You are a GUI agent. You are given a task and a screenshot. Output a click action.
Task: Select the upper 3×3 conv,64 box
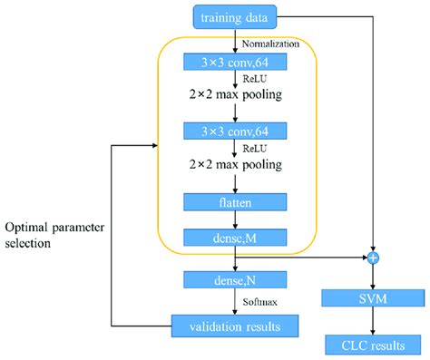point(235,62)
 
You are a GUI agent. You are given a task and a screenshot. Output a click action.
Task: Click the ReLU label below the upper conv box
point(257,78)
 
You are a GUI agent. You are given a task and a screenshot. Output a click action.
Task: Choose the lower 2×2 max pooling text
point(235,166)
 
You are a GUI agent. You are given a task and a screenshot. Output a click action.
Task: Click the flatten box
point(235,201)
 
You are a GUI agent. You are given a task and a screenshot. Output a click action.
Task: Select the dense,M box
point(235,238)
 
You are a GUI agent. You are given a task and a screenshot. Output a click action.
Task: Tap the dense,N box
point(235,279)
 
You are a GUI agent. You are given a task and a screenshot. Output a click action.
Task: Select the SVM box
point(372,298)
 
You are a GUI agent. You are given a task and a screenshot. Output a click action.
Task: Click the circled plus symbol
point(372,259)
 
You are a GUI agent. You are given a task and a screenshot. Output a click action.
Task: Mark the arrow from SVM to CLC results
point(372,320)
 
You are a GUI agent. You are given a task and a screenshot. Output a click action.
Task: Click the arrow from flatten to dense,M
point(235,219)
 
